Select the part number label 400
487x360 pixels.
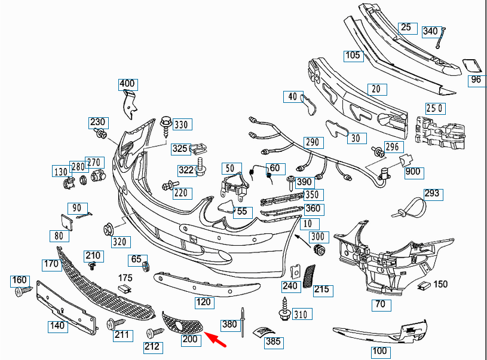point(127,84)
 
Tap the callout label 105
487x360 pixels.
point(353,56)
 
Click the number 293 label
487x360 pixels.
point(431,193)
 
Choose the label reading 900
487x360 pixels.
point(413,172)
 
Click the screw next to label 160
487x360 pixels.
point(23,291)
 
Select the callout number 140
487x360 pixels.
point(58,326)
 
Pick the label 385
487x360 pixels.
point(274,343)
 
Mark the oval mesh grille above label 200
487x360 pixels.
point(184,322)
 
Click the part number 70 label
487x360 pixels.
point(380,304)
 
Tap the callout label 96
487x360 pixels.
point(476,79)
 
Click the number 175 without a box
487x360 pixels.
point(125,278)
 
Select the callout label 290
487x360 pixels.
point(311,143)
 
